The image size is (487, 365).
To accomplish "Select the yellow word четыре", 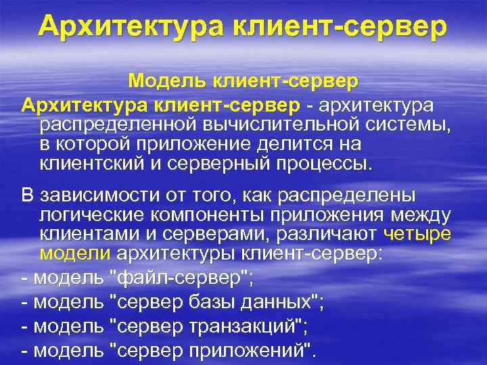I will pyautogui.click(x=417, y=235).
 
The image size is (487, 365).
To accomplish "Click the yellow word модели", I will pyautogui.click(x=75, y=254).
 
